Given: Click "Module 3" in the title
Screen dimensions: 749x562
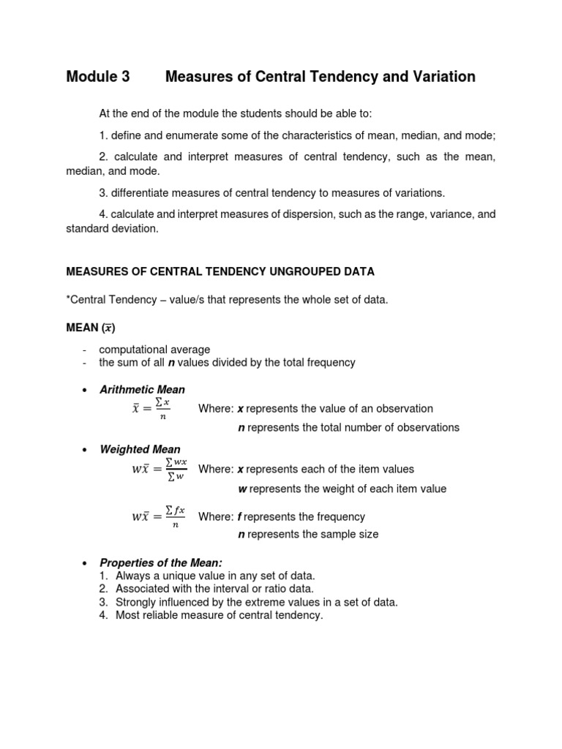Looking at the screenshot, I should coord(98,77).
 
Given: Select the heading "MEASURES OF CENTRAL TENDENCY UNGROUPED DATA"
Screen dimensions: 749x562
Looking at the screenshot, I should coord(220,271).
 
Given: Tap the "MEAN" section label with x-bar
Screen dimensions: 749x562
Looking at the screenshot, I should coord(91,328).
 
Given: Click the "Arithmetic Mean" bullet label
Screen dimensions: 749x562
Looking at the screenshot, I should coord(142,389).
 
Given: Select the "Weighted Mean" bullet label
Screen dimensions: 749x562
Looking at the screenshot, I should coord(140,449).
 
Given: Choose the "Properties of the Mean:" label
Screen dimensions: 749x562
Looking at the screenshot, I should coord(160,562).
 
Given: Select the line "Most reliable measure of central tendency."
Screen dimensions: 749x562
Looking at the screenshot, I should coord(219,615).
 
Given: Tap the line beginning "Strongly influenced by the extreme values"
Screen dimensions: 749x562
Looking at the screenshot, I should coord(256,602).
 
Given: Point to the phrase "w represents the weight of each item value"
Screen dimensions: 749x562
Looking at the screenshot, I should coord(342,489).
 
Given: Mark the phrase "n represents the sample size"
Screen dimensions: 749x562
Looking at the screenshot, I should coord(308,535).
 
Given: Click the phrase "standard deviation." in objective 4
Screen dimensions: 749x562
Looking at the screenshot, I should coord(111,228).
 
